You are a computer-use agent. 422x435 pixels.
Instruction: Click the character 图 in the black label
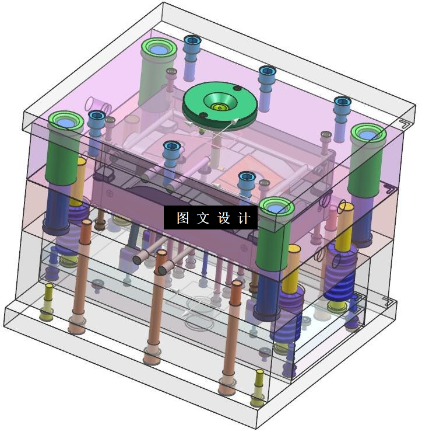[183, 218]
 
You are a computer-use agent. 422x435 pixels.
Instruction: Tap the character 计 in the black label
[244, 218]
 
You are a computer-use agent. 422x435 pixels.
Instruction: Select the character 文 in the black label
[203, 218]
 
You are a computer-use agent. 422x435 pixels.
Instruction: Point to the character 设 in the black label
[224, 218]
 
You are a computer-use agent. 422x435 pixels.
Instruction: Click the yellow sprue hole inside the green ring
[220, 107]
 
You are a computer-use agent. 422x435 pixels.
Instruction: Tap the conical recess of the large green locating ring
[220, 102]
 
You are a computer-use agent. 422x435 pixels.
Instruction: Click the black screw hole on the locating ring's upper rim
[237, 88]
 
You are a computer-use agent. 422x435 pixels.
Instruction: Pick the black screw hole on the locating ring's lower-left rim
[203, 114]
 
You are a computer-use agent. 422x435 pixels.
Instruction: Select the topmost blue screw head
[192, 40]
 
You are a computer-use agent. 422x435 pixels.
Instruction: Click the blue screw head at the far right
[343, 101]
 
